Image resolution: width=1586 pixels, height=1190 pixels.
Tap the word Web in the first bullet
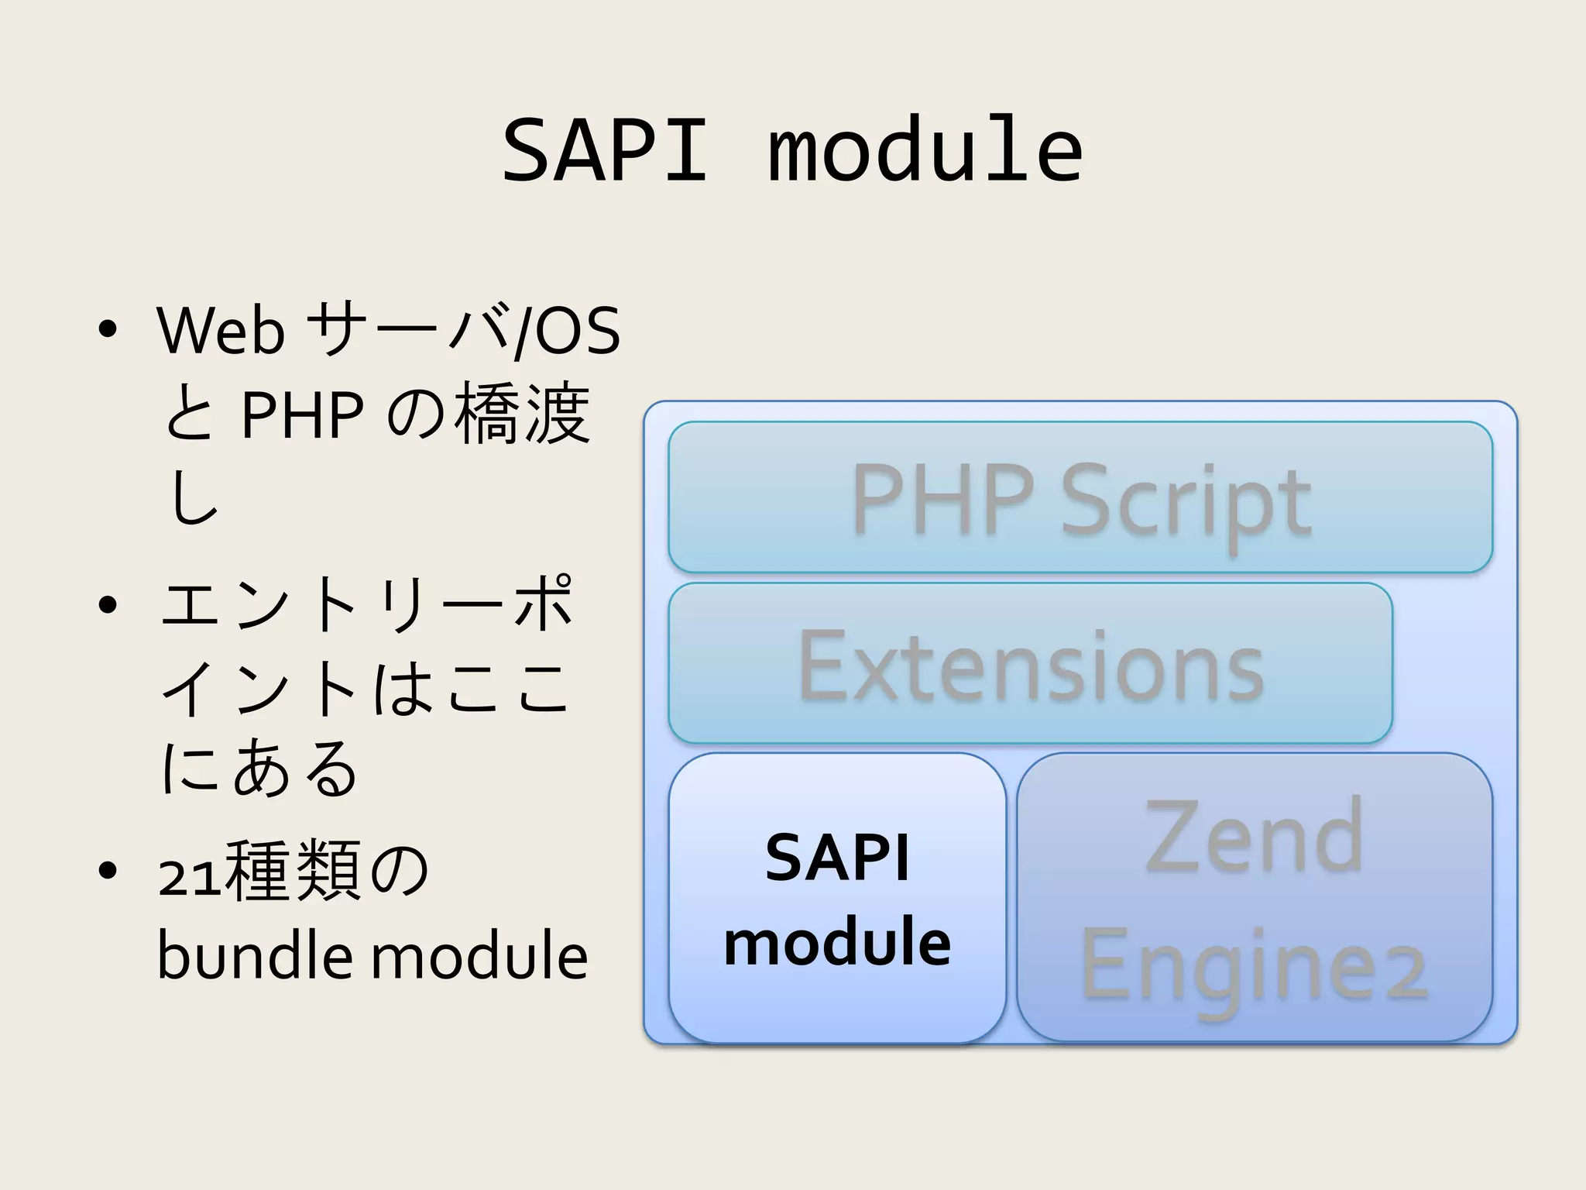(x=221, y=332)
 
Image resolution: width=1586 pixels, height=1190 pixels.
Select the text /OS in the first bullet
(x=569, y=332)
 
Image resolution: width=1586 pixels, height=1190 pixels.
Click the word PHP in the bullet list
(x=302, y=415)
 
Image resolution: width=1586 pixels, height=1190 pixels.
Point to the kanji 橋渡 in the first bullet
(x=522, y=414)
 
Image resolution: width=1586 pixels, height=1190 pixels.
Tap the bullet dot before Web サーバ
(x=108, y=330)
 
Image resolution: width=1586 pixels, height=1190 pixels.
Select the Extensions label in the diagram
(x=1030, y=666)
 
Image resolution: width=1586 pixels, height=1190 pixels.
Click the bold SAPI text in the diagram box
(x=837, y=858)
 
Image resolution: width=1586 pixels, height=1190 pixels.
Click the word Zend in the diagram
(x=1254, y=837)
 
